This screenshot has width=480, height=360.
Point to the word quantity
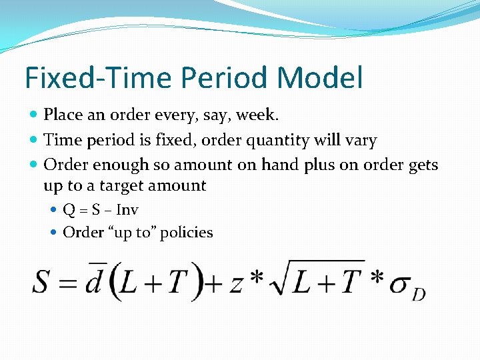pyautogui.click(x=277, y=141)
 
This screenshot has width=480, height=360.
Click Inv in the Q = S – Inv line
pyautogui.click(x=127, y=210)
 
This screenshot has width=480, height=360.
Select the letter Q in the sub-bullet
pyautogui.click(x=68, y=210)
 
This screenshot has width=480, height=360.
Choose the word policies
pyautogui.click(x=187, y=233)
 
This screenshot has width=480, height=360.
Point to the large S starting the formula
pyautogui.click(x=41, y=281)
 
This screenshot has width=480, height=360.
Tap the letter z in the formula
pyautogui.click(x=235, y=283)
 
